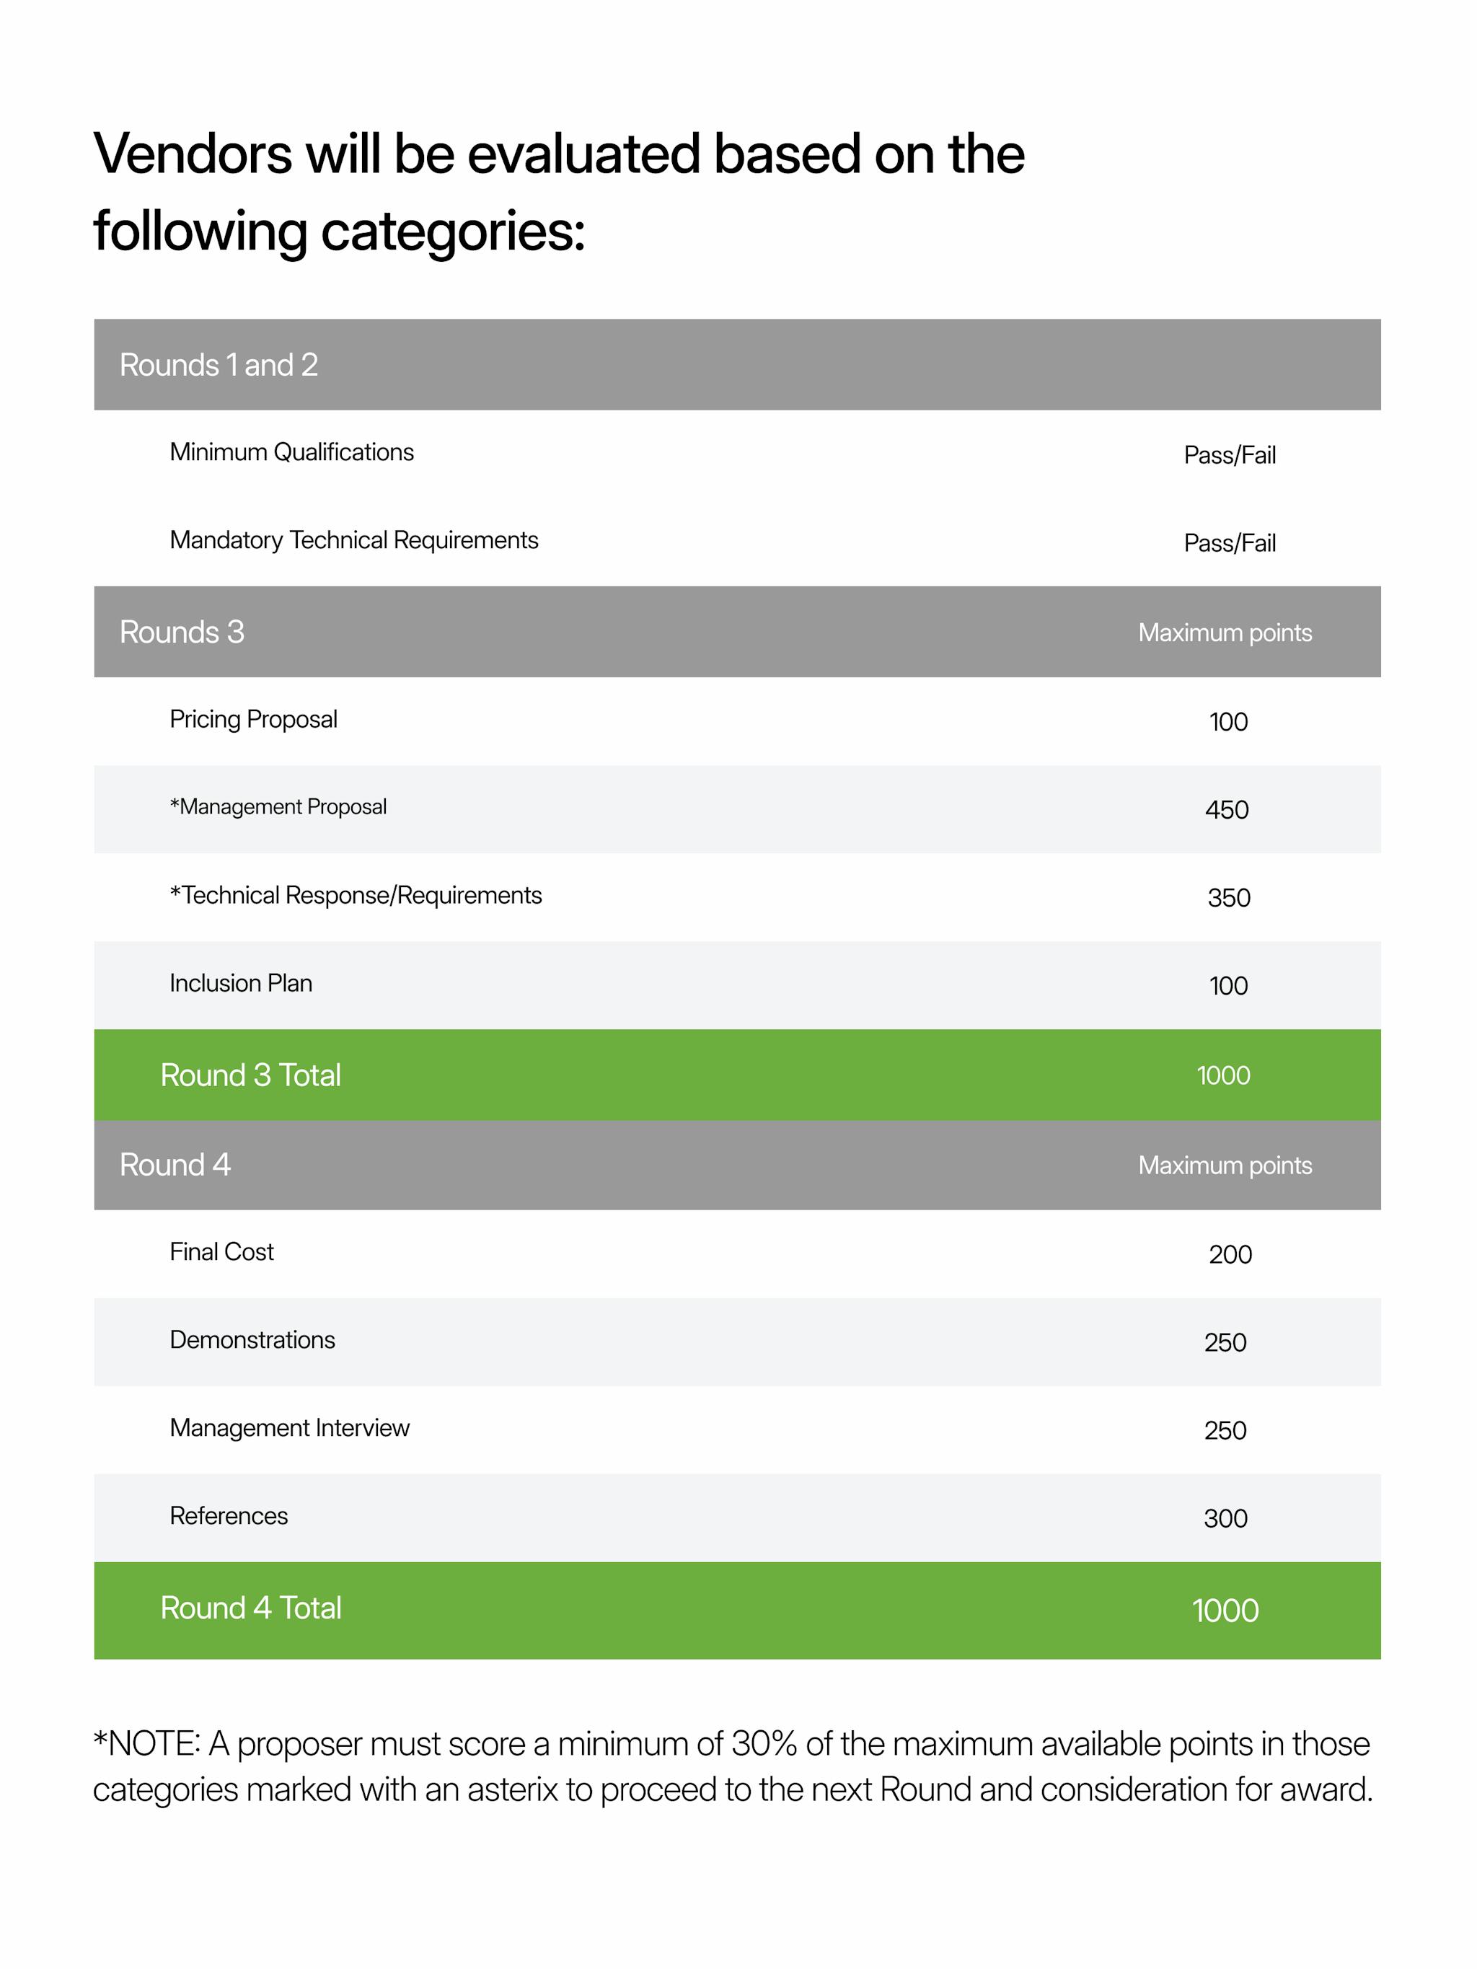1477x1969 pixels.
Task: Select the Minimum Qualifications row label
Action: (291, 452)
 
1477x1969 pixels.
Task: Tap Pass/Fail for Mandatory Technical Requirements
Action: (1229, 543)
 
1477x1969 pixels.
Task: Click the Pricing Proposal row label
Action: (253, 719)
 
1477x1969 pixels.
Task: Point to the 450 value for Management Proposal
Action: (1226, 810)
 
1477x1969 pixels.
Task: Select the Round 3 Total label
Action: (250, 1075)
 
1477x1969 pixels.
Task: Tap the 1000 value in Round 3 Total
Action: (1223, 1075)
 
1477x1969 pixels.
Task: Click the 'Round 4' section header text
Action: (175, 1164)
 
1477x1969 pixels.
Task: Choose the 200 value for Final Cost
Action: (1230, 1254)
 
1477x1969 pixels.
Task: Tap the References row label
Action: (228, 1516)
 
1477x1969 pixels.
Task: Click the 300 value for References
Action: (1225, 1519)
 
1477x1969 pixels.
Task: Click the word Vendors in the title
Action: (193, 154)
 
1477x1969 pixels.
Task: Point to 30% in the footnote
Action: (763, 1744)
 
